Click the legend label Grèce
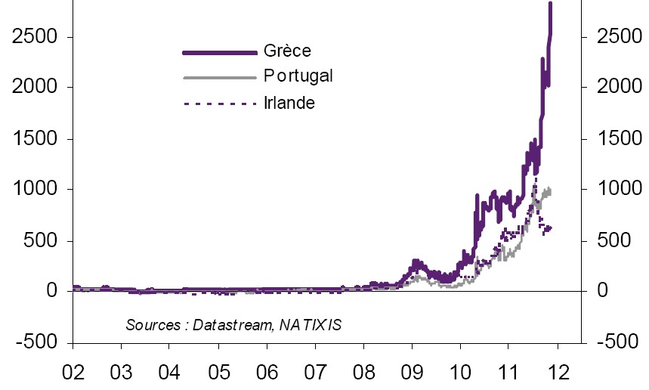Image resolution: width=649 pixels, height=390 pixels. point(287,51)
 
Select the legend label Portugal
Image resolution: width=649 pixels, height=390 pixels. point(298,76)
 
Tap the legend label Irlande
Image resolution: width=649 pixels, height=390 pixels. point(289,102)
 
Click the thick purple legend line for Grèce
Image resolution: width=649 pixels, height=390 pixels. point(220,52)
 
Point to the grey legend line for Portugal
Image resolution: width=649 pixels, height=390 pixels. point(220,77)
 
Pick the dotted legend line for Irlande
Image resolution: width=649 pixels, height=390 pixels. point(220,102)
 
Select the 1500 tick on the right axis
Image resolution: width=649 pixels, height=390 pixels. point(616,139)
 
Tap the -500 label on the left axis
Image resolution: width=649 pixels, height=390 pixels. point(36,342)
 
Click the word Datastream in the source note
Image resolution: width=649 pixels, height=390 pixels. point(233,325)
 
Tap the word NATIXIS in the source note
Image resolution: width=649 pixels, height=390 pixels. point(310,325)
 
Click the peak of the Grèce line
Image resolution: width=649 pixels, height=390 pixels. point(550,4)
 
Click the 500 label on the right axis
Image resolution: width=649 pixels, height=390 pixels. point(611,241)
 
